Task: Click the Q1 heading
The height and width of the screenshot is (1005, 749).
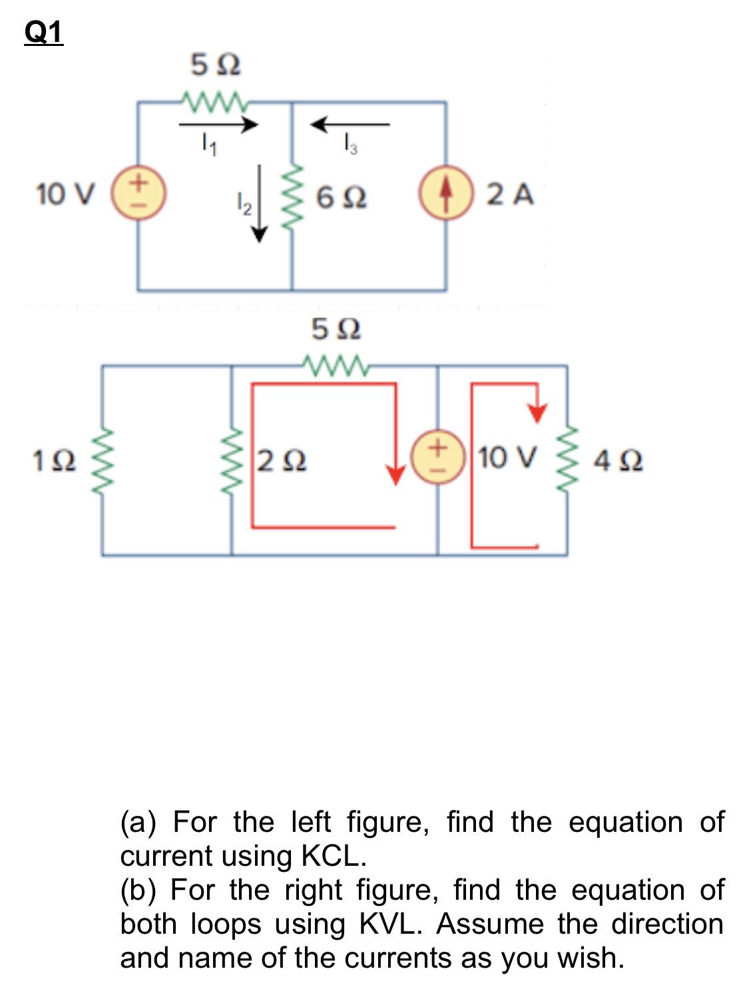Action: coord(43,32)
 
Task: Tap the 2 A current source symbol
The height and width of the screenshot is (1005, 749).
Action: coord(445,194)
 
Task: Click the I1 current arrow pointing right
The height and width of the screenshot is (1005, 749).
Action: coord(218,124)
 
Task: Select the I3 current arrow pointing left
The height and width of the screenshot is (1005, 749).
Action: coord(350,124)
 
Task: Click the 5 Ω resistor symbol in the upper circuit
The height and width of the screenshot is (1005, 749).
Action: coord(214,103)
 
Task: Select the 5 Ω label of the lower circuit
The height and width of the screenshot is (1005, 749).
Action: coord(336,329)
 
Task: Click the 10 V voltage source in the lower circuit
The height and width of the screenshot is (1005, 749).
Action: coord(438,457)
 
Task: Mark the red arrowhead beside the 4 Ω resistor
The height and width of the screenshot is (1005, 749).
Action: coord(537,413)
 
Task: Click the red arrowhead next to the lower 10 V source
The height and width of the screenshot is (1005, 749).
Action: coord(396,475)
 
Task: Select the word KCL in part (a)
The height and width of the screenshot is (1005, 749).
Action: coord(333,856)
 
